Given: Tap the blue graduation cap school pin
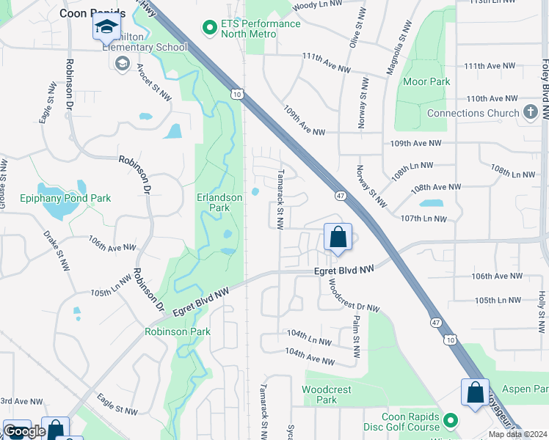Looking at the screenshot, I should coord(106,27).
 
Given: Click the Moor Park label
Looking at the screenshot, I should coord(428,81).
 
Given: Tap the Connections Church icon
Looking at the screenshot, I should coord(531,113).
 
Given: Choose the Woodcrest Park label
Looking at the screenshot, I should coord(327,395).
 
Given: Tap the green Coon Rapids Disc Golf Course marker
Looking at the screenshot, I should coord(451,421).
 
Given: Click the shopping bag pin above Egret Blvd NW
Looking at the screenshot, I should coord(338,238).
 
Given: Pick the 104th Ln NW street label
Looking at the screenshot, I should coord(309,337).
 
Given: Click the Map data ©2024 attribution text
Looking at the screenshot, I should coord(517,434).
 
